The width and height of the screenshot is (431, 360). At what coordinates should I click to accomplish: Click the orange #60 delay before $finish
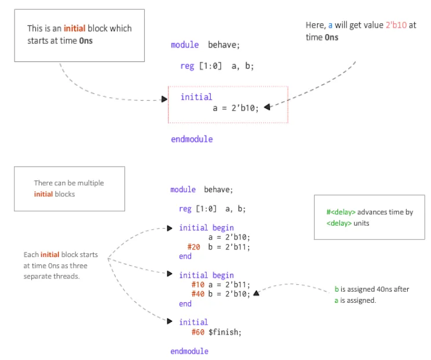198,332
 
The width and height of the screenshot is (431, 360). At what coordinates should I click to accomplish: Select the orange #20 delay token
193,247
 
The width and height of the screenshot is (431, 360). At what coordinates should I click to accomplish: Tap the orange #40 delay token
198,293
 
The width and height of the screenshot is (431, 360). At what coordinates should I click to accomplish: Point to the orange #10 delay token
198,284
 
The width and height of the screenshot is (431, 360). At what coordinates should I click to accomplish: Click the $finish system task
224,332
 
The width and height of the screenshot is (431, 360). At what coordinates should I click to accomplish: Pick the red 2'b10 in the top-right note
397,25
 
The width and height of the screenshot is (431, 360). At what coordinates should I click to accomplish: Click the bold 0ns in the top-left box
86,41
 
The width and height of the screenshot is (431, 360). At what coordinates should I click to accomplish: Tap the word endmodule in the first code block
192,139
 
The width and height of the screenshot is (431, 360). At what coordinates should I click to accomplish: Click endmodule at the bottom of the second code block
189,351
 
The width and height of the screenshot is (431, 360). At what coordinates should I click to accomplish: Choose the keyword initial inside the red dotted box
196,97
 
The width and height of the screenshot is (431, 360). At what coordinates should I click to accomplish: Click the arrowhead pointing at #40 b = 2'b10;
256,293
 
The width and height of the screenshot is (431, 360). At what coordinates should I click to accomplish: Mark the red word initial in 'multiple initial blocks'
43,194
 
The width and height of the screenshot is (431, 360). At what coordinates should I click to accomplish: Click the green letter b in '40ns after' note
337,289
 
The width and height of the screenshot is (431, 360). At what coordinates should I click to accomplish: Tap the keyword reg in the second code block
185,209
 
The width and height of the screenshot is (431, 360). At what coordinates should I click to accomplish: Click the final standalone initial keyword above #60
193,322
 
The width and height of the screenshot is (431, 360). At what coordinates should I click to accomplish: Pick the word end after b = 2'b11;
185,256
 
